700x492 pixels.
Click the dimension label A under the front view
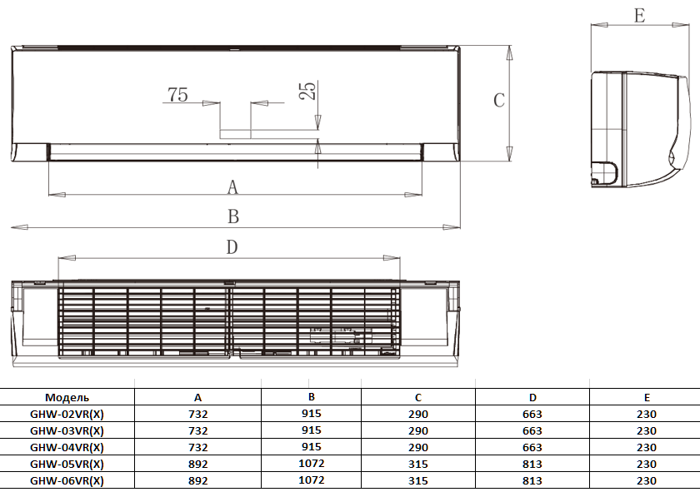(x=232, y=187)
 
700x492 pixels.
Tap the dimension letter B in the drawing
(x=233, y=216)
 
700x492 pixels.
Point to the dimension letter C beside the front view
(x=499, y=100)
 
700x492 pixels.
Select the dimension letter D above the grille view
(x=232, y=247)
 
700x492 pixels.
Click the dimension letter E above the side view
(x=639, y=16)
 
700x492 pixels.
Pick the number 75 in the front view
(x=177, y=95)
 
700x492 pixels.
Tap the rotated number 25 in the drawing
(x=307, y=91)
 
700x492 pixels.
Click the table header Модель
(x=67, y=397)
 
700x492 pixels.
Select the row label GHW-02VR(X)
(x=67, y=415)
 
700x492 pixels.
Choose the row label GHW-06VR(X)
(x=67, y=481)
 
